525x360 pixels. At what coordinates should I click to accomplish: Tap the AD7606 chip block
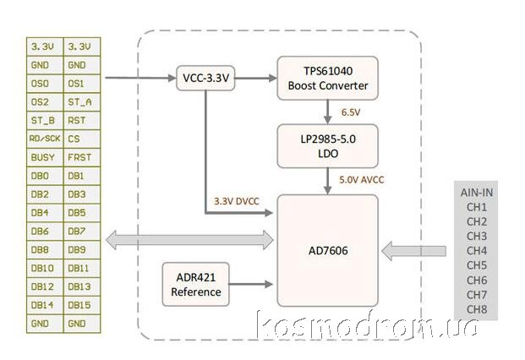[x=327, y=250]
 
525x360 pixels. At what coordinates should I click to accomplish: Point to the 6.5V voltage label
[x=351, y=112]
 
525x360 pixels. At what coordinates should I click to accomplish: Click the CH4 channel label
[x=477, y=251]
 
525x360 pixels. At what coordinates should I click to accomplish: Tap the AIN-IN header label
[x=477, y=192]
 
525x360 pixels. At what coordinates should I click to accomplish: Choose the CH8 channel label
[x=477, y=309]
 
